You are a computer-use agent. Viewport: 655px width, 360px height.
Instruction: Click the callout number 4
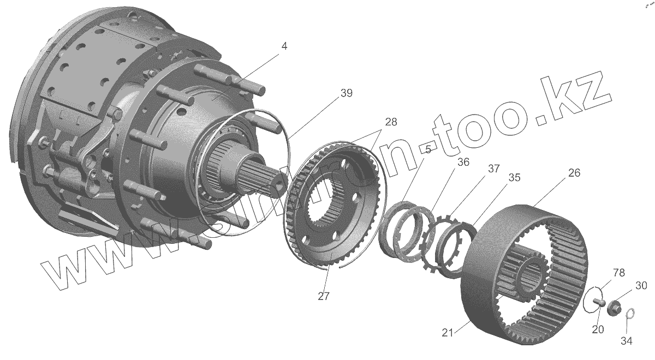pos(284,46)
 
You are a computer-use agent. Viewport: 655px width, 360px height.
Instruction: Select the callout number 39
pos(346,94)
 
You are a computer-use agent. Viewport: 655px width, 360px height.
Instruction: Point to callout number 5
pos(428,149)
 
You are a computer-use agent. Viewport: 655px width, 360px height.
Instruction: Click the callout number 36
pos(463,162)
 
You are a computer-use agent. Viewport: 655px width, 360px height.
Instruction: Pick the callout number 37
pos(493,169)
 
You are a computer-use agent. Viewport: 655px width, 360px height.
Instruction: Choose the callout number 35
pos(514,178)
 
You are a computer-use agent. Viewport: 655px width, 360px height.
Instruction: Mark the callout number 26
pos(574,173)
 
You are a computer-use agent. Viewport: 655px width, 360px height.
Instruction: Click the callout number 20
pos(598,329)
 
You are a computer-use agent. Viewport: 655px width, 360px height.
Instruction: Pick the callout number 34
pos(627,341)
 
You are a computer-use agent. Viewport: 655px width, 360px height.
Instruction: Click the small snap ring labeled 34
pos(629,314)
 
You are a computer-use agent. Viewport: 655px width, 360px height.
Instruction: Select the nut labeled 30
pos(614,308)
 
